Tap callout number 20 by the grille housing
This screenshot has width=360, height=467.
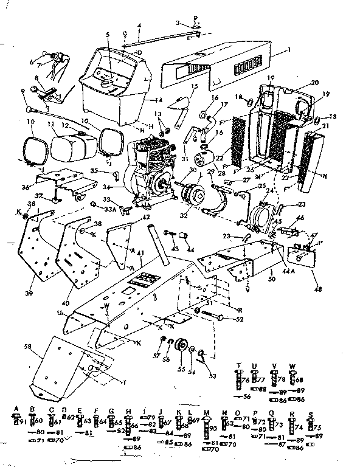(x=314, y=83)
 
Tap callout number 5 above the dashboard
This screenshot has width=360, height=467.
(x=108, y=35)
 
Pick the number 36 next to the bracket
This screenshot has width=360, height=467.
(x=25, y=187)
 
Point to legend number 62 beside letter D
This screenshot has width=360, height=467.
(x=71, y=418)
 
